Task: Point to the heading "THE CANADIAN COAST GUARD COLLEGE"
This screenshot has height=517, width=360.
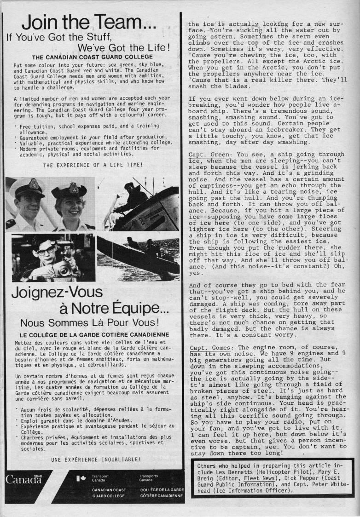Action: tap(89, 57)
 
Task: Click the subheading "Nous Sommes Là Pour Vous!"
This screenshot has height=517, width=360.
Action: tap(89, 323)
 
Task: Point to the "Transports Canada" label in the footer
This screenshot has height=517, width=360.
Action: tap(149, 478)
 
